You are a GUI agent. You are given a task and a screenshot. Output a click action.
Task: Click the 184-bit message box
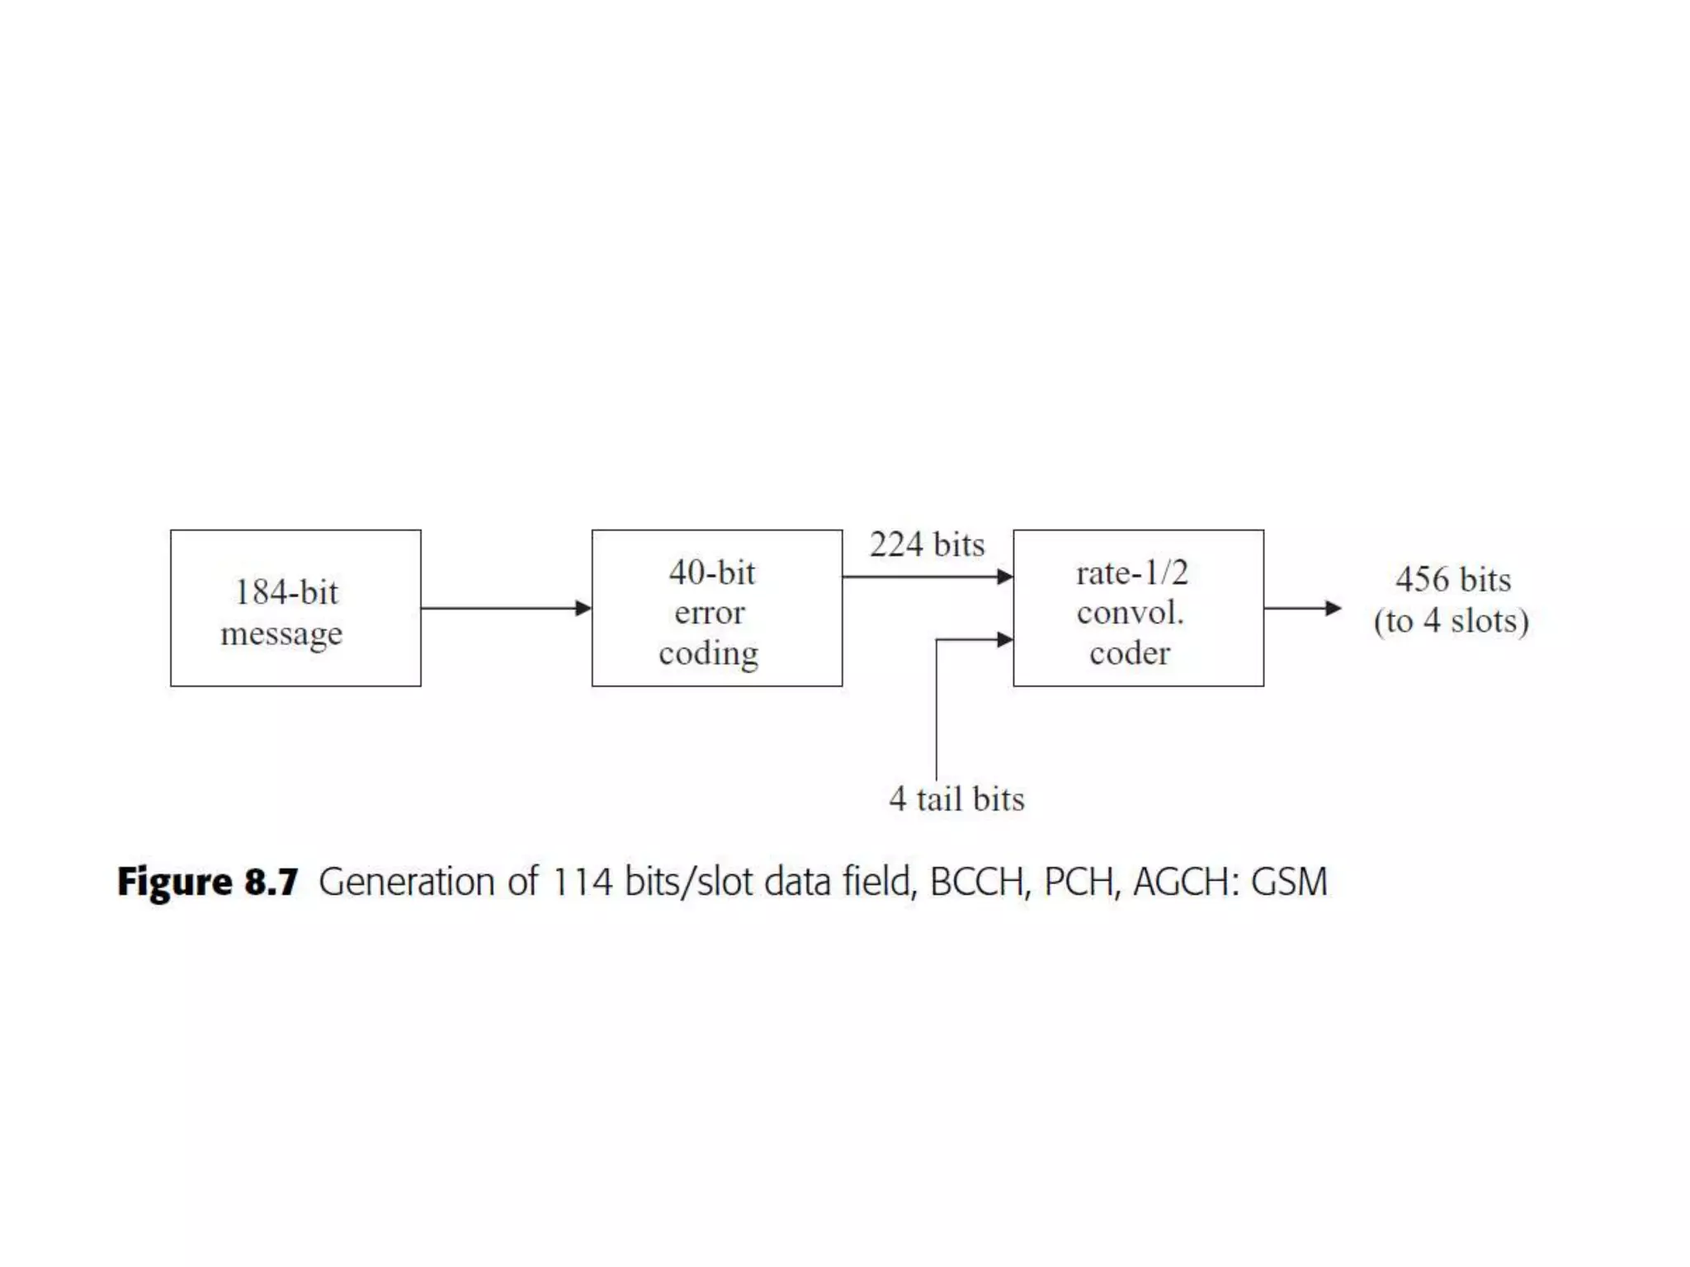point(295,608)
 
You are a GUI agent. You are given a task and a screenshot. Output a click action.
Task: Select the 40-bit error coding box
point(716,608)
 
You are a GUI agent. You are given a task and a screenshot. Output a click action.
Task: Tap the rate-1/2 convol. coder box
point(1138,608)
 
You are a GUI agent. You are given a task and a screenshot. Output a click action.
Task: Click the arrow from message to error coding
point(505,608)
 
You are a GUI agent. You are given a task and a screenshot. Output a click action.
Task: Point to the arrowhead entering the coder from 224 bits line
point(1004,577)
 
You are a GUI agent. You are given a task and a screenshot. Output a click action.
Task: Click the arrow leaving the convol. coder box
point(1302,608)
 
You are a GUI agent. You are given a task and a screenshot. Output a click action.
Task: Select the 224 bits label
point(927,544)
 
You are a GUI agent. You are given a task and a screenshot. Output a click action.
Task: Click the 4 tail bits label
point(956,798)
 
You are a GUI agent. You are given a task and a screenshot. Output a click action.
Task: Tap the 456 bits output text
point(1453,579)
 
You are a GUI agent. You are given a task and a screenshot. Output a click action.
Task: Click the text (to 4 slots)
point(1451,621)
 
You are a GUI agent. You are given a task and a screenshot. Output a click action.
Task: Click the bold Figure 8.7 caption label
point(207,882)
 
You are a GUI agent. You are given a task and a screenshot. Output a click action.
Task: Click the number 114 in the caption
point(583,882)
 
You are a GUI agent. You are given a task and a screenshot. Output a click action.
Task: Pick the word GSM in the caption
point(1289,882)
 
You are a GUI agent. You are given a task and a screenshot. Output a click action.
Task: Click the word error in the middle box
point(710,612)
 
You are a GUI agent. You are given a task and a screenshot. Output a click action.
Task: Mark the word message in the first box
point(281,633)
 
